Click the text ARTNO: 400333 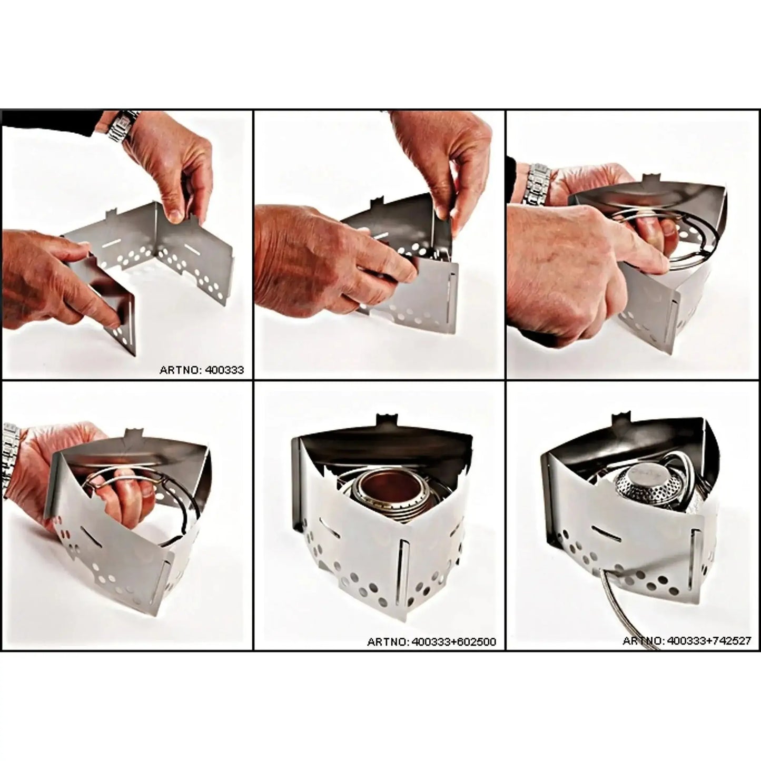coord(202,370)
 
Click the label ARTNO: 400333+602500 coord(431,642)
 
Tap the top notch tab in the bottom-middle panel coord(384,422)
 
